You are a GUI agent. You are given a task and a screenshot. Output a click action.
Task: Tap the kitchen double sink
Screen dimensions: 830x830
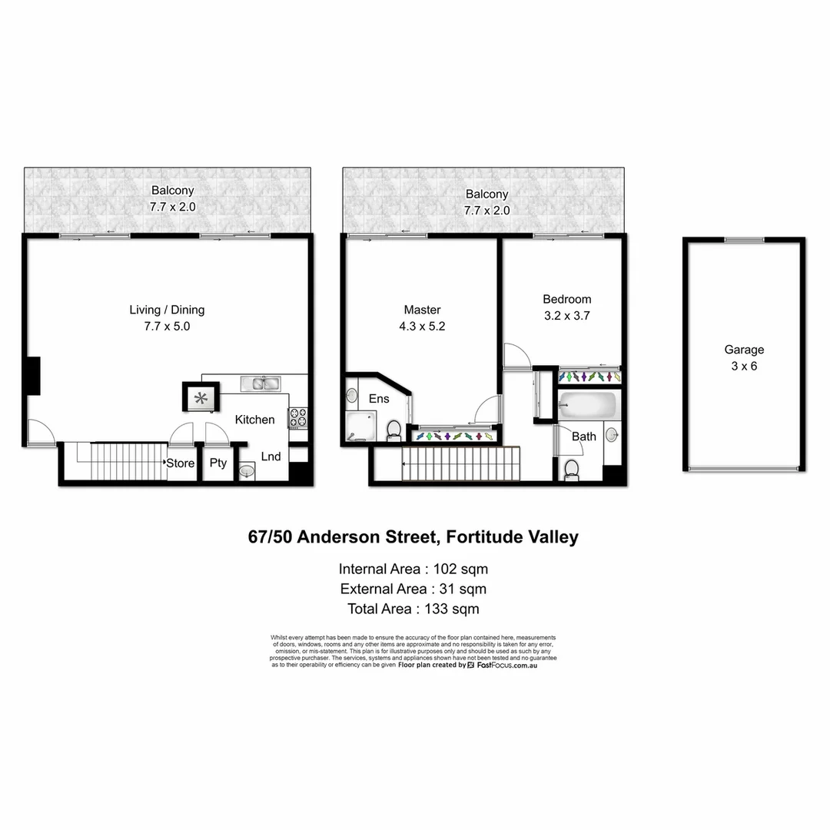pyautogui.click(x=261, y=382)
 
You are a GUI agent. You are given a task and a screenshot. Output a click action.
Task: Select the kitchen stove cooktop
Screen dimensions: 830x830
pyautogui.click(x=297, y=418)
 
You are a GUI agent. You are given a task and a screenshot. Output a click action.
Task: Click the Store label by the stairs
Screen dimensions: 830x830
pyautogui.click(x=181, y=463)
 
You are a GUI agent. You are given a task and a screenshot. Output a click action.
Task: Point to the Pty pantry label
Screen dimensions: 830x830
pyautogui.click(x=218, y=463)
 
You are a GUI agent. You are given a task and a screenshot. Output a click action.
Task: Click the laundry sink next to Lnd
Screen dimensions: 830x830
pyautogui.click(x=247, y=470)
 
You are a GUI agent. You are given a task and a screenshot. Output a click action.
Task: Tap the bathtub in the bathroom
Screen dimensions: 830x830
pyautogui.click(x=588, y=405)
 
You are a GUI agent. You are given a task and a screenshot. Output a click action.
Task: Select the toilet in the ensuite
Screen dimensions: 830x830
pyautogui.click(x=393, y=430)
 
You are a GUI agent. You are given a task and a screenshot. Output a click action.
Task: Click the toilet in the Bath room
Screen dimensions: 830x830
pyautogui.click(x=572, y=468)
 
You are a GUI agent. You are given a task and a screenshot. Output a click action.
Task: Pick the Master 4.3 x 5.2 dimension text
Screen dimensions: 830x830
pyautogui.click(x=422, y=326)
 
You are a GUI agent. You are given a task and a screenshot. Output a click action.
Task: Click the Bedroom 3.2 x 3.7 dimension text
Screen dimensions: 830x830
pyautogui.click(x=567, y=315)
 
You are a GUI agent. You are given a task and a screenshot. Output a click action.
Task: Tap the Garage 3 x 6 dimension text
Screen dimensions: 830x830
pyautogui.click(x=744, y=366)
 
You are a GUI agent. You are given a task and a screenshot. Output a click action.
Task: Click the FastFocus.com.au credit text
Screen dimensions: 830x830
pyautogui.click(x=506, y=666)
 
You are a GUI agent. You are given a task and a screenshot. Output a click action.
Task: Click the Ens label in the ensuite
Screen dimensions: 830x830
pyautogui.click(x=379, y=399)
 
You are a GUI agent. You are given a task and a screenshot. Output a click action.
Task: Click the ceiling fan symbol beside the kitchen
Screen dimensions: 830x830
pyautogui.click(x=201, y=398)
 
